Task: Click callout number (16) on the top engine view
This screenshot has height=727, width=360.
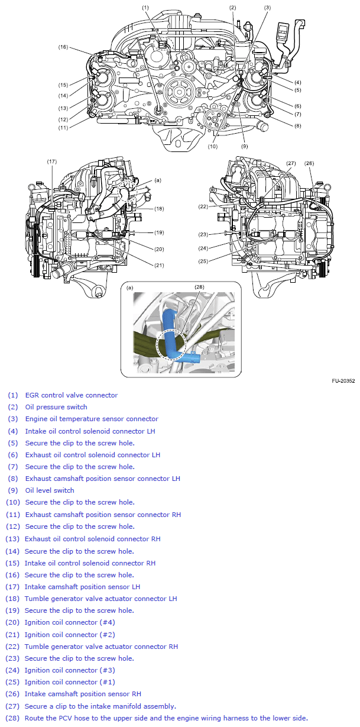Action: [63, 46]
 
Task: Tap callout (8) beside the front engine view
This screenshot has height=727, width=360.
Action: [298, 125]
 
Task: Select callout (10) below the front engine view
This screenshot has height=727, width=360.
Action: [212, 146]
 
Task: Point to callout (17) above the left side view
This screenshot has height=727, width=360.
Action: [52, 161]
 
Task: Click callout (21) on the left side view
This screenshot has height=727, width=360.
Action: [159, 265]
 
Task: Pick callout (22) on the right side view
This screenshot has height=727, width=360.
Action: [203, 206]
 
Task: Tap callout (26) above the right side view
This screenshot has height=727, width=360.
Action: [309, 163]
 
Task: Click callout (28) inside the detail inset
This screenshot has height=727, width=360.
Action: [199, 287]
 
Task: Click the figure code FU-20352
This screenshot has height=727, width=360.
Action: [343, 382]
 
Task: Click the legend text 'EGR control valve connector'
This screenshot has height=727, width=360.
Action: [71, 395]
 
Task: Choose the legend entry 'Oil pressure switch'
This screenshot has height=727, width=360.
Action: [56, 407]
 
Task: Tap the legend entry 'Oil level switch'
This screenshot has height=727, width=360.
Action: [50, 490]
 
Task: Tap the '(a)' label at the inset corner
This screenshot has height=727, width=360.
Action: [129, 288]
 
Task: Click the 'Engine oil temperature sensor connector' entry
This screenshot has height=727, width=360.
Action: [92, 419]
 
